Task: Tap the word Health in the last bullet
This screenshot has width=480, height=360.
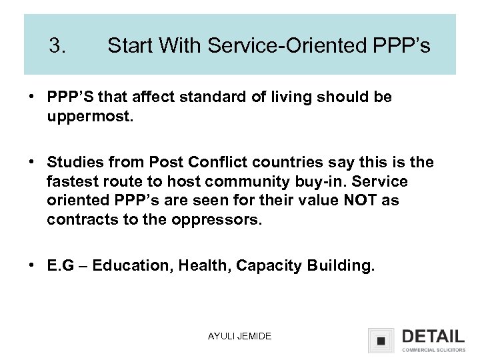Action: pos(193,267)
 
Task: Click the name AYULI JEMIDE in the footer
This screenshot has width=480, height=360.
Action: pos(239,337)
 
